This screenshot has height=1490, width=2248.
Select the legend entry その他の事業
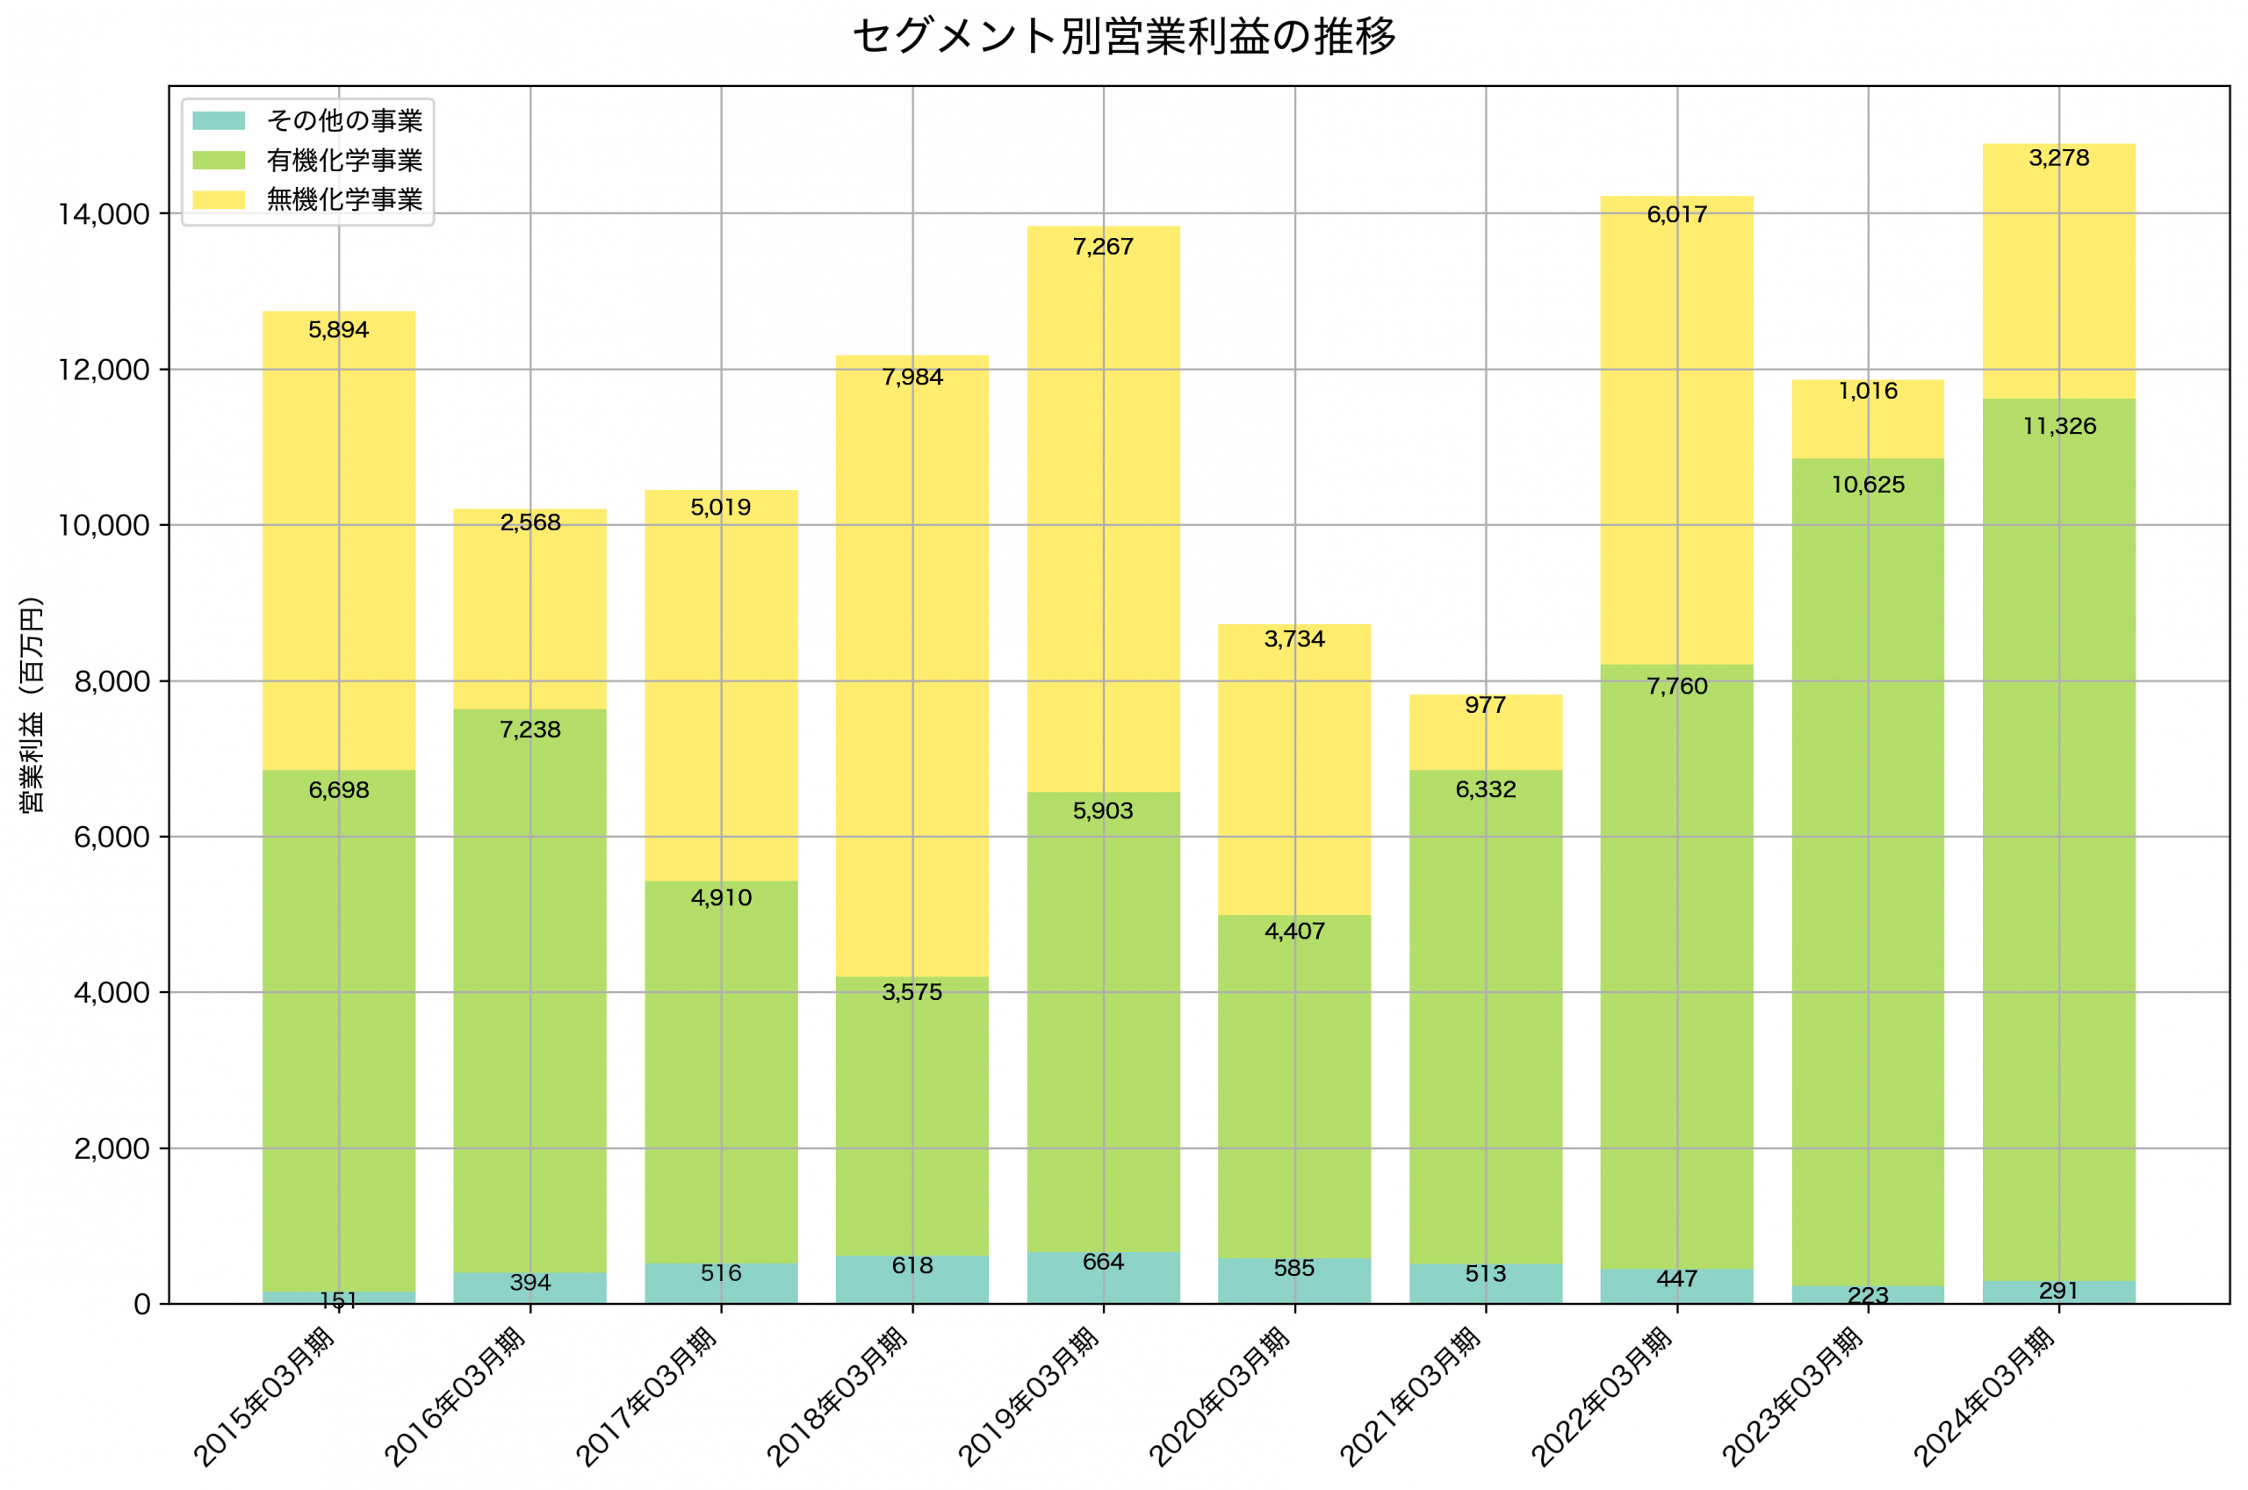point(344,120)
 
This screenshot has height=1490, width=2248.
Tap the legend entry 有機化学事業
point(344,161)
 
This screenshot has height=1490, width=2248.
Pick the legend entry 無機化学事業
point(344,199)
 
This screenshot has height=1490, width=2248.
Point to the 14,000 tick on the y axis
point(104,215)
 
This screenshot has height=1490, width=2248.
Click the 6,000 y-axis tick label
point(112,837)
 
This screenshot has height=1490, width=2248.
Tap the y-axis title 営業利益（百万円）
point(32,704)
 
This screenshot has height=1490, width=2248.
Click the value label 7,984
point(912,378)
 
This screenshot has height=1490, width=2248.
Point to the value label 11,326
point(2059,427)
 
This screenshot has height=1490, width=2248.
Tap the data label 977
point(1485,705)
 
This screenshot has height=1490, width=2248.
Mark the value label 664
point(1103,1262)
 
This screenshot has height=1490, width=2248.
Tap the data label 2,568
point(530,522)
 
